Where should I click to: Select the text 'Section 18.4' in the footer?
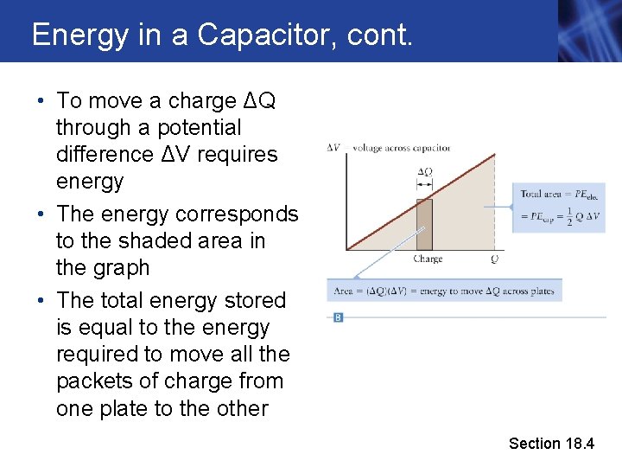[551, 444]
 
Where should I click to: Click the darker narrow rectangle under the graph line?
[424, 224]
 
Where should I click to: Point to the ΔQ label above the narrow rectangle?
[424, 171]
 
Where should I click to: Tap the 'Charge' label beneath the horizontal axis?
[428, 259]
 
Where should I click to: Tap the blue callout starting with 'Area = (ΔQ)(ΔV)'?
[444, 291]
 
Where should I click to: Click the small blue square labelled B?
[338, 317]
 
